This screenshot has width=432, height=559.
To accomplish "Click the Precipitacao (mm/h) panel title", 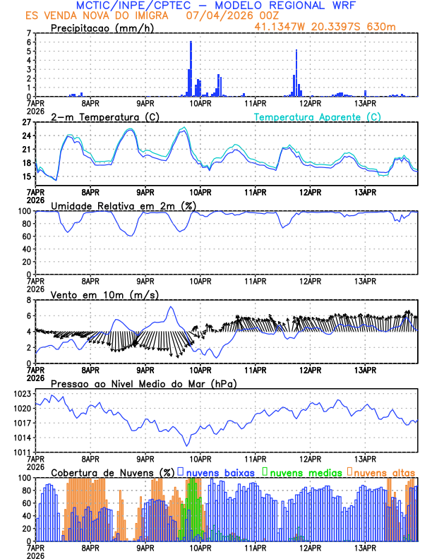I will pyautogui.click(x=102, y=28).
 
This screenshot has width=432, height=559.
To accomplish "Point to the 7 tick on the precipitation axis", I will pyautogui.click(x=29, y=33).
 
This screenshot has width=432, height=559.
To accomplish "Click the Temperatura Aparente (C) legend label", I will pyautogui.click(x=318, y=116).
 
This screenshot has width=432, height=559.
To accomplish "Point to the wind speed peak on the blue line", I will pyautogui.click(x=170, y=307).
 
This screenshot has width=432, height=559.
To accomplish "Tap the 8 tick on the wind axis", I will pyautogui.click(x=29, y=300).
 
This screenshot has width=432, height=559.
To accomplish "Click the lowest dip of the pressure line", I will pyautogui.click(x=187, y=445).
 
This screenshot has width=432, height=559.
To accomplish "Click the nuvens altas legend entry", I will pyautogui.click(x=384, y=472).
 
